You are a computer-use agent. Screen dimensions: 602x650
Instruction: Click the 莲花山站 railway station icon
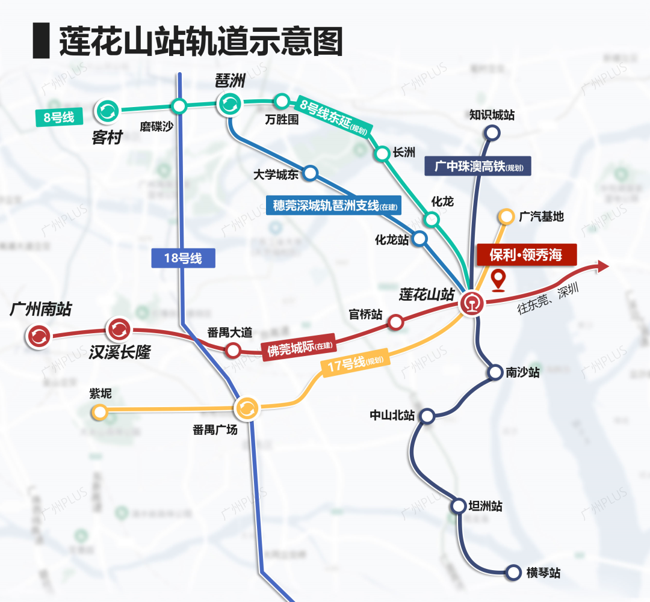tap(471, 303)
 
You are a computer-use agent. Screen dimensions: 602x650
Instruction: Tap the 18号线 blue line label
tap(182, 259)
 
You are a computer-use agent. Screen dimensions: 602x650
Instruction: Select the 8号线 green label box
tap(58, 117)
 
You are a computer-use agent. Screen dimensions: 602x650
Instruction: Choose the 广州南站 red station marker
tap(39, 336)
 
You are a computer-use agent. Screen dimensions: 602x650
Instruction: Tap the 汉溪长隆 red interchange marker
tap(118, 329)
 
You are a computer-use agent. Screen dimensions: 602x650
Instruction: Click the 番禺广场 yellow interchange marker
tap(246, 408)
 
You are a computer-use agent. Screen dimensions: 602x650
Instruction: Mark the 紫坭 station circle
tap(99, 412)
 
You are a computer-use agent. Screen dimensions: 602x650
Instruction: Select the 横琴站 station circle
tap(513, 573)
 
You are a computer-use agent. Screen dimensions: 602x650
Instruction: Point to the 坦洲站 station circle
tap(459, 505)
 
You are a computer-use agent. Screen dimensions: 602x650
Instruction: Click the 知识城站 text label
tap(492, 115)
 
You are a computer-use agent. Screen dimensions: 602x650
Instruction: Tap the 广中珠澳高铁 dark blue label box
tap(478, 165)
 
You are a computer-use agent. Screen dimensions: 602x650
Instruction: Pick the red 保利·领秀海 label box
tap(526, 254)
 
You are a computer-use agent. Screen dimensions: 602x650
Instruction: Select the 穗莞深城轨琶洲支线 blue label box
tap(333, 206)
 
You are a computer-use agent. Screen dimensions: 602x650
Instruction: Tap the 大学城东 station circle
tap(311, 173)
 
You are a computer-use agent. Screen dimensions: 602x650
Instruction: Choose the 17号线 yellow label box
tap(356, 364)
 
